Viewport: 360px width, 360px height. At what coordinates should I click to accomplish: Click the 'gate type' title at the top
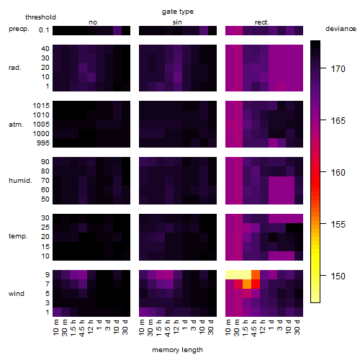[178, 12]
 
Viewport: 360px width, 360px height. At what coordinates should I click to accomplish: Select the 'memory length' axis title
[177, 350]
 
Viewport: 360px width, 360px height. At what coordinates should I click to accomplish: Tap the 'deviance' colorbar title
[341, 29]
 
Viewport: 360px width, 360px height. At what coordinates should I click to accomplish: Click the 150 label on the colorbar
[338, 276]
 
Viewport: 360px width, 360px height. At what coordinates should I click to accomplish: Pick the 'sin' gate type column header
[177, 22]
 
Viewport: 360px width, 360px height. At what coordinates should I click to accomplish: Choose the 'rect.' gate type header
[262, 22]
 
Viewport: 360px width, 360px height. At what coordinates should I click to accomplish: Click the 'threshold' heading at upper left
[40, 17]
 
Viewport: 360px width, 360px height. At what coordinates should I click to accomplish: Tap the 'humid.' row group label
[20, 181]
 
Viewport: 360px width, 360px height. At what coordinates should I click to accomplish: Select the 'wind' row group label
[17, 294]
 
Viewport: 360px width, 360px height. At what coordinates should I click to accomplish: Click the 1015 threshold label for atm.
[41, 106]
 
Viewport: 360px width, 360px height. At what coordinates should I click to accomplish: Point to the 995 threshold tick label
[43, 143]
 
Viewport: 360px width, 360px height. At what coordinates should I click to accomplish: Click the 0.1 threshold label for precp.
[44, 30]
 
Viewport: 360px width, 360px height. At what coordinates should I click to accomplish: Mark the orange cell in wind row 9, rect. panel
[256, 275]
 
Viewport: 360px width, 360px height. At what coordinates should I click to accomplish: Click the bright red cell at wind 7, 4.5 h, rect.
[256, 284]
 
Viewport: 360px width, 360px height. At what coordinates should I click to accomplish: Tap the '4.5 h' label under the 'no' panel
[81, 328]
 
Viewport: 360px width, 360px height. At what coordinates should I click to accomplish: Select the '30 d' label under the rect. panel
[297, 328]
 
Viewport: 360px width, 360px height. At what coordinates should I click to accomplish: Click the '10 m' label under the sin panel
[142, 328]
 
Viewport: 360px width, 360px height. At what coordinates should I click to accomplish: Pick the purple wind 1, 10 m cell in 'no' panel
[57, 312]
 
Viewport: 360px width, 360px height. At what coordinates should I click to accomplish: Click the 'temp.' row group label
[18, 236]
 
